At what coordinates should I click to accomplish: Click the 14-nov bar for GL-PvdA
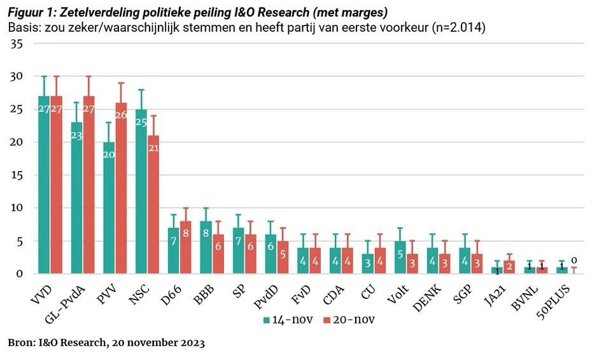click(77, 198)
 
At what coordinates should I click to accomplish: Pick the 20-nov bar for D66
click(186, 247)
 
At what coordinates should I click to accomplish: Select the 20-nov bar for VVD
click(57, 185)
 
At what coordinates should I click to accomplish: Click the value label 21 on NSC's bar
click(153, 148)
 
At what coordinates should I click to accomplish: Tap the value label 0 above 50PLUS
click(573, 260)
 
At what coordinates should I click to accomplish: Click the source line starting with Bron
click(106, 343)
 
